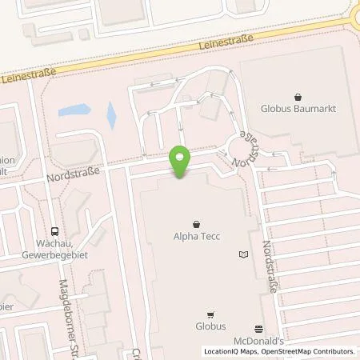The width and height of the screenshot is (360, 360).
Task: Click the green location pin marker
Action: pyautogui.click(x=181, y=161)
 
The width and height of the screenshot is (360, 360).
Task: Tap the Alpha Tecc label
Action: pyautogui.click(x=197, y=236)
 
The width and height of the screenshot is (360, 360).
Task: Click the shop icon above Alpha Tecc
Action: pyautogui.click(x=197, y=223)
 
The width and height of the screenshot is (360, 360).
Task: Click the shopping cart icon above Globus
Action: pyautogui.click(x=211, y=314)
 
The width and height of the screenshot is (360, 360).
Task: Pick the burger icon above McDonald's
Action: pyautogui.click(x=258, y=329)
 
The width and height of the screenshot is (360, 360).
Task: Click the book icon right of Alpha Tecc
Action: pyautogui.click(x=244, y=254)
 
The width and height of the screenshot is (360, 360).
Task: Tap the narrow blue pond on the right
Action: pyautogui.click(x=111, y=116)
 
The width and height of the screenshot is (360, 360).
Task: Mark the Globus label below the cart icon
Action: pyautogui.click(x=212, y=326)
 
